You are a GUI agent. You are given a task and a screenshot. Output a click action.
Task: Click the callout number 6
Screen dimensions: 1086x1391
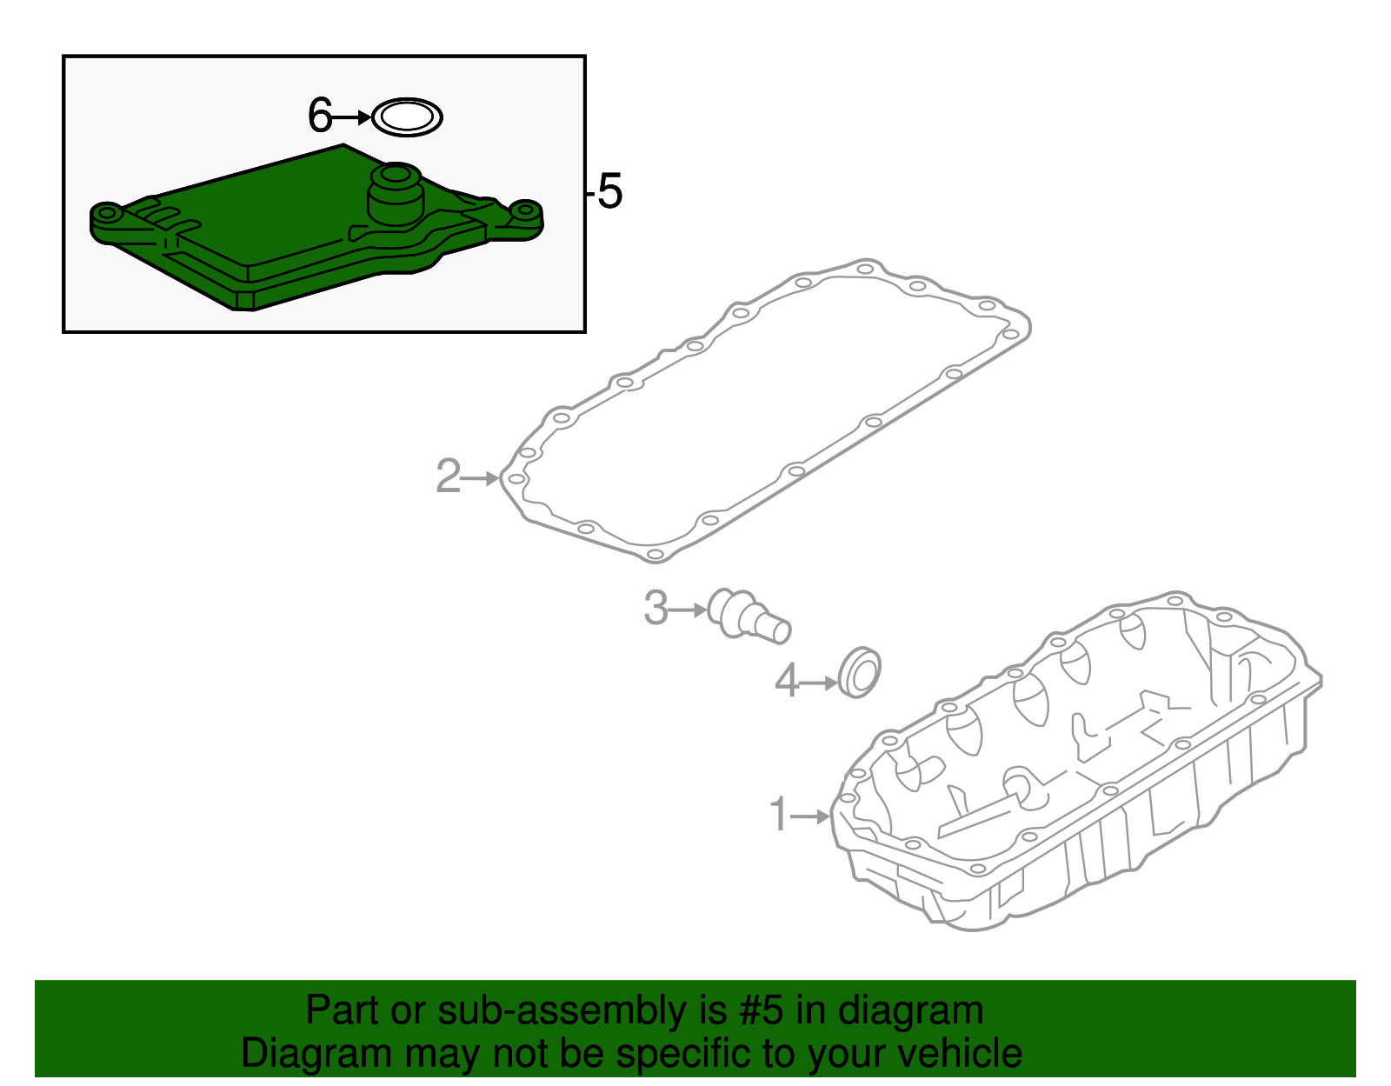pyautogui.click(x=320, y=116)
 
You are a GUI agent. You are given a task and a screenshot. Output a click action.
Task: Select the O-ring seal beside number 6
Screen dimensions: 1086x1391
pyautogui.click(x=407, y=117)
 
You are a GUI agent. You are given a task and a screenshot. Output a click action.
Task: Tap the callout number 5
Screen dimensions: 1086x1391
pyautogui.click(x=610, y=191)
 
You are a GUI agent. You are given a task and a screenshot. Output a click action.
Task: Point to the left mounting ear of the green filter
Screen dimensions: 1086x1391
pyautogui.click(x=108, y=214)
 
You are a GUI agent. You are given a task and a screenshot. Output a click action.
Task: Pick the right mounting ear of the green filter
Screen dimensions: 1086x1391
pyautogui.click(x=524, y=211)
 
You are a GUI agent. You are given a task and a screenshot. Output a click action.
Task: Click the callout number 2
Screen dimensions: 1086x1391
pyautogui.click(x=448, y=476)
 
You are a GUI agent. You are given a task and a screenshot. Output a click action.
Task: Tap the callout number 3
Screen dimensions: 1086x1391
pyautogui.click(x=656, y=608)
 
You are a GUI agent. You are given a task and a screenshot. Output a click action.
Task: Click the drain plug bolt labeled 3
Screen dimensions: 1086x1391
pyautogui.click(x=748, y=615)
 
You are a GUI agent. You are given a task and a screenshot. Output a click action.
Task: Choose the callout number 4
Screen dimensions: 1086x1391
pyautogui.click(x=787, y=682)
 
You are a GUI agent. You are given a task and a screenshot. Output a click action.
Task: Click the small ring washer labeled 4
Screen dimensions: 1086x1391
pyautogui.click(x=859, y=671)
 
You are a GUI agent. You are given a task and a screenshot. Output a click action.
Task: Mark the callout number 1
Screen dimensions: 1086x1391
pyautogui.click(x=779, y=816)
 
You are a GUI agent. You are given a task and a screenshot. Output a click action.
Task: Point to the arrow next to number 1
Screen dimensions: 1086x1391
pyautogui.click(x=812, y=816)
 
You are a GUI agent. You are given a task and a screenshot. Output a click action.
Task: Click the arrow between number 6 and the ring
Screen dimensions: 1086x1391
pyautogui.click(x=352, y=117)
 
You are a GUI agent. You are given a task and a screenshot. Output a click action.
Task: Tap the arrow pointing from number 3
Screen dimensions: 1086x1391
pyautogui.click(x=689, y=610)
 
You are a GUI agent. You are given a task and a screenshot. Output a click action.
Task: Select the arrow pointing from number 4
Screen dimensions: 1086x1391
pyautogui.click(x=818, y=683)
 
